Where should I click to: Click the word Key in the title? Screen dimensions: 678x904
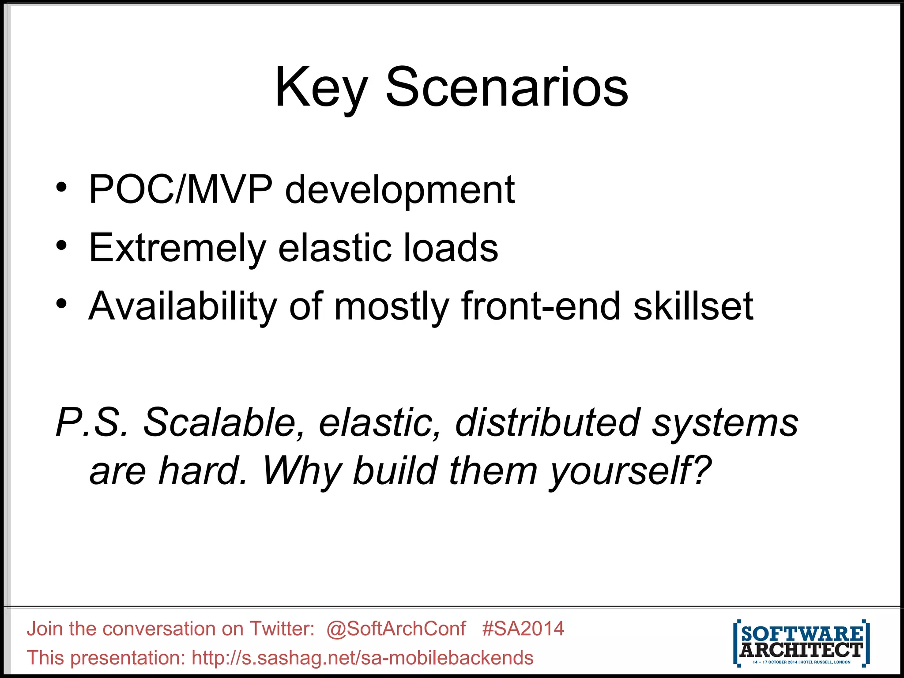(x=321, y=87)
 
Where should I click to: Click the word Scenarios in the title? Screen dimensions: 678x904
(x=507, y=87)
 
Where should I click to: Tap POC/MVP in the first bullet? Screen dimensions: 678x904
(x=181, y=190)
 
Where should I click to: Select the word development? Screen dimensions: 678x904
(x=400, y=191)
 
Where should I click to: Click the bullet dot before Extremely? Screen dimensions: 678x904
(x=61, y=245)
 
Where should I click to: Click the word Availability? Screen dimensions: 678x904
(x=183, y=307)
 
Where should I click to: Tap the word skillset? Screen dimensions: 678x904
(x=693, y=306)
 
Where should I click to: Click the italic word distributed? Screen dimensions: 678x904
(x=547, y=422)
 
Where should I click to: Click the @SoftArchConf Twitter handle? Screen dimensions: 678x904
(x=396, y=629)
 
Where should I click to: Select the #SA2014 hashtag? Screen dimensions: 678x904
(x=523, y=629)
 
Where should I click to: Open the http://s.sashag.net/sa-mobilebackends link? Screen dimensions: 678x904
(x=362, y=658)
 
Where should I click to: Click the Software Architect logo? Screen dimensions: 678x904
(x=801, y=643)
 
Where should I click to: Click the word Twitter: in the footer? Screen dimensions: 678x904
(x=282, y=629)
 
